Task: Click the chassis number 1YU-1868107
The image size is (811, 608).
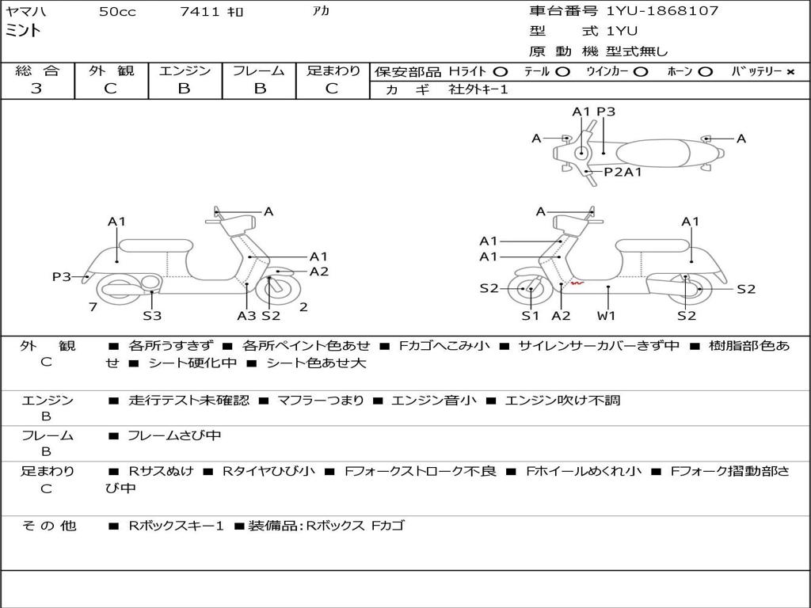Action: tap(663, 10)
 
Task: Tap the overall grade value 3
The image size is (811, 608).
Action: tap(36, 89)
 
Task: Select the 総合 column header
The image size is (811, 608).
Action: tap(37, 70)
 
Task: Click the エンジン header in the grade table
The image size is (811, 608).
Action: tap(185, 70)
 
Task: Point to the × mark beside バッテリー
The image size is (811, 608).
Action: tap(790, 72)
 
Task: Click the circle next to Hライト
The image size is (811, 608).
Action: tap(501, 72)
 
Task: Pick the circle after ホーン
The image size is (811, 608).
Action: tap(705, 72)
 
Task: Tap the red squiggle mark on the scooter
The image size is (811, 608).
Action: tap(577, 283)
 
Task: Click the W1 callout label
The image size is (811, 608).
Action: tap(606, 315)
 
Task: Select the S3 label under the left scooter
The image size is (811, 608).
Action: tap(152, 315)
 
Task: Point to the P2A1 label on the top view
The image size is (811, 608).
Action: tap(623, 172)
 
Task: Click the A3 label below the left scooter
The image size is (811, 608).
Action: tap(246, 315)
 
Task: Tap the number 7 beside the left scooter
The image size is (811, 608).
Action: tap(93, 307)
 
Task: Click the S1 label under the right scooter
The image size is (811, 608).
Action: tap(530, 315)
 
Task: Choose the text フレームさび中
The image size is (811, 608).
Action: tap(174, 436)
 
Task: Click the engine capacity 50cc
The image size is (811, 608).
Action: tap(117, 11)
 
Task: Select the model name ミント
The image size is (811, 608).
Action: tap(23, 31)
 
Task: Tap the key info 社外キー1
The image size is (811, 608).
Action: tap(478, 89)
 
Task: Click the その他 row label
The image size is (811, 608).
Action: tap(48, 526)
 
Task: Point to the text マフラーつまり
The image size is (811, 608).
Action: tap(321, 400)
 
